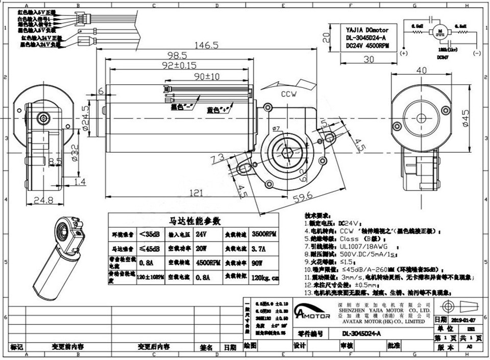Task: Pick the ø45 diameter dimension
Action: coord(465,117)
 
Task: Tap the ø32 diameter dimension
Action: coord(75,152)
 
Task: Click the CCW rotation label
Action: coord(290,94)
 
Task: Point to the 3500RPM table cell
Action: coord(264,234)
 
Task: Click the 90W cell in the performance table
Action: coord(264,263)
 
